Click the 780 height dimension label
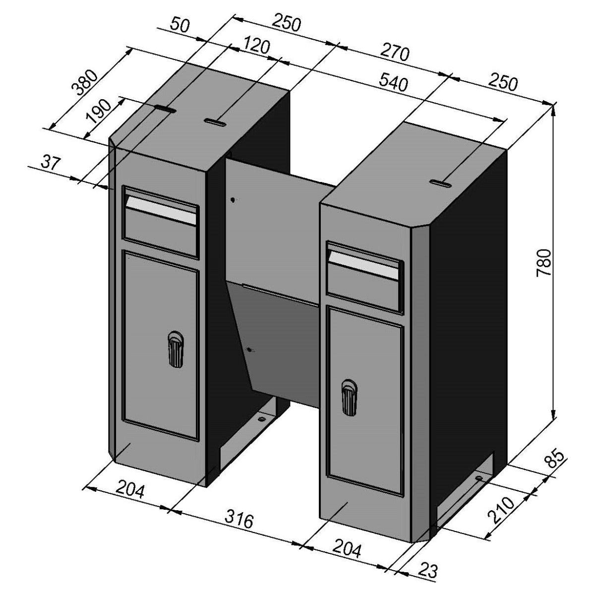[x=544, y=262]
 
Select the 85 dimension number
[x=556, y=457]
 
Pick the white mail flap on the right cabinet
[x=363, y=265]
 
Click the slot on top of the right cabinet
[x=441, y=184]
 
